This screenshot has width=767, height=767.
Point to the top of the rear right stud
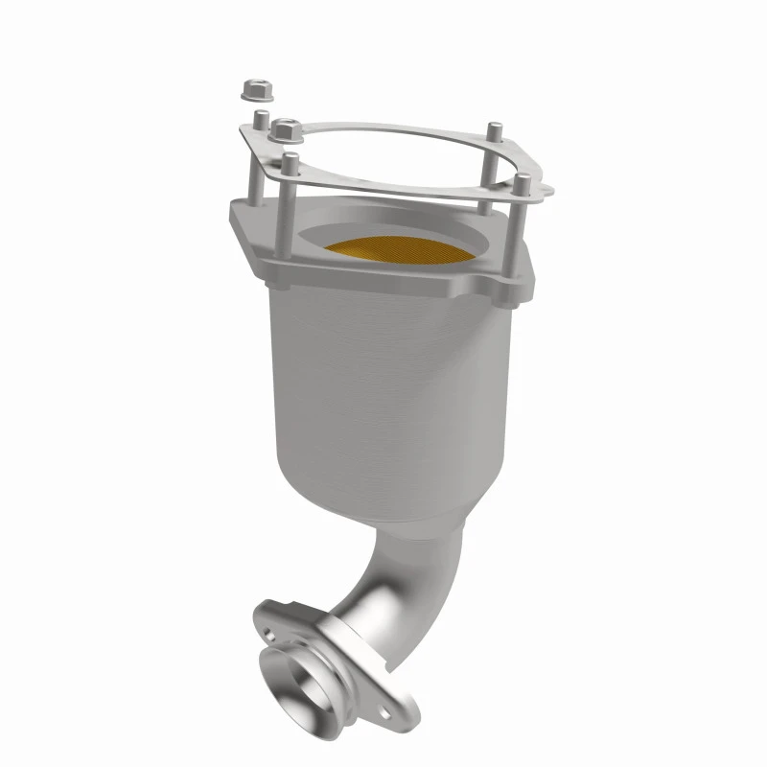[493, 128]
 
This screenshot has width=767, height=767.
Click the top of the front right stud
[521, 179]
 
